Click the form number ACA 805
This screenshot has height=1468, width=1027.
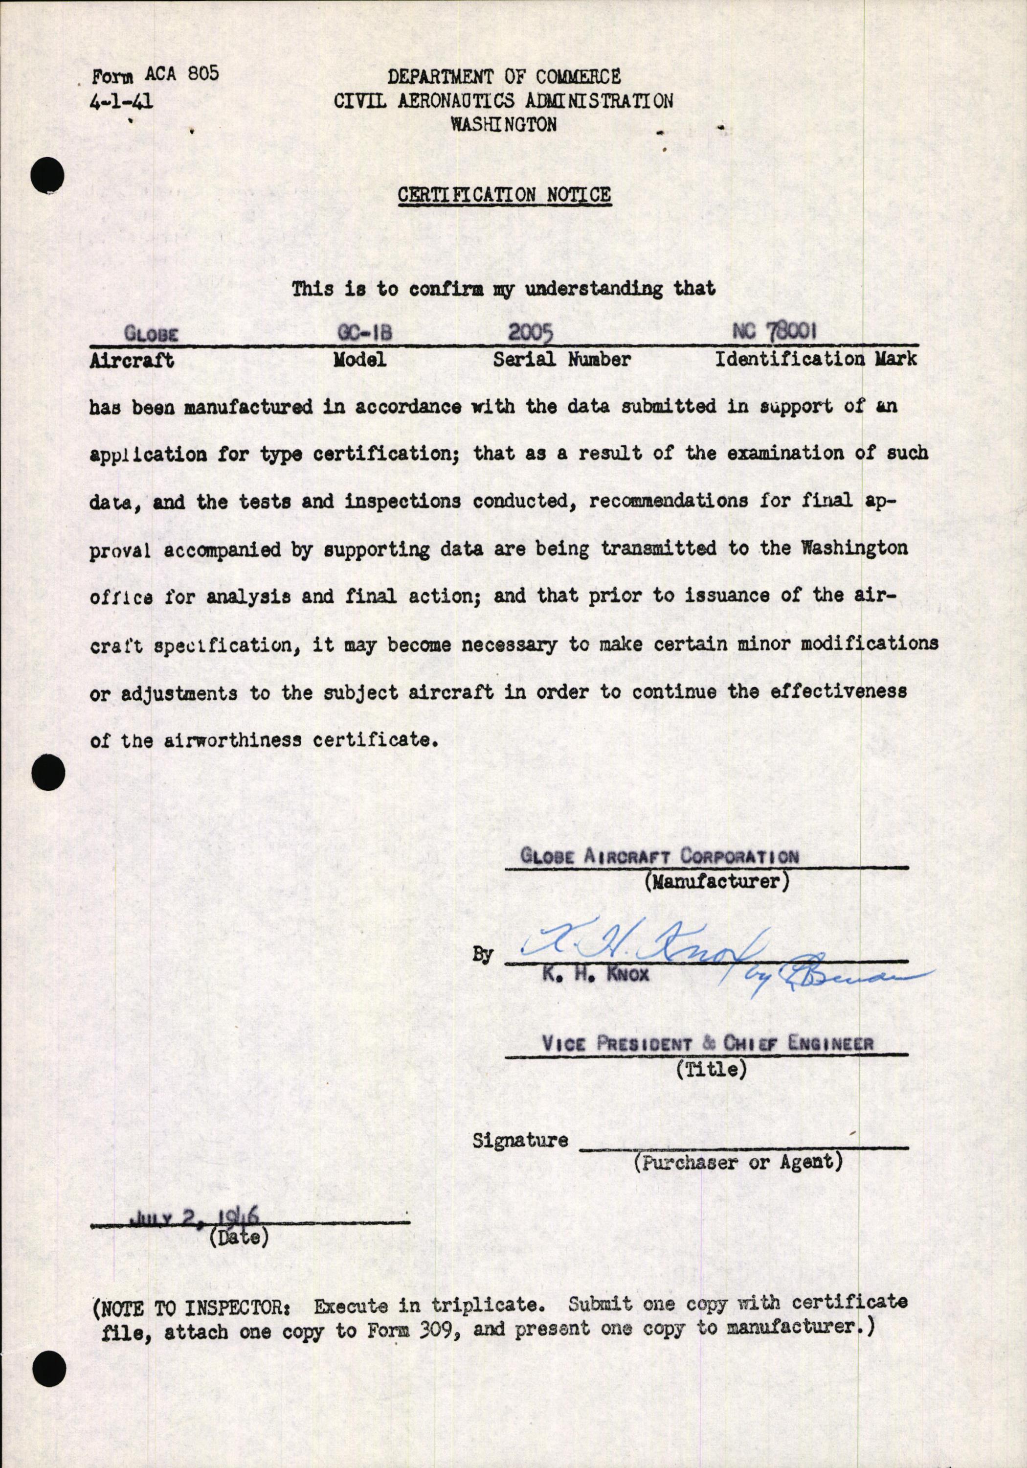coord(181,74)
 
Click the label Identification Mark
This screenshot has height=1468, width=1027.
coord(815,359)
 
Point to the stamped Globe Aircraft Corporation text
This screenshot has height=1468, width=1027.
coord(660,856)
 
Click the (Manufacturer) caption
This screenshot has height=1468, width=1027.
coord(716,882)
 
